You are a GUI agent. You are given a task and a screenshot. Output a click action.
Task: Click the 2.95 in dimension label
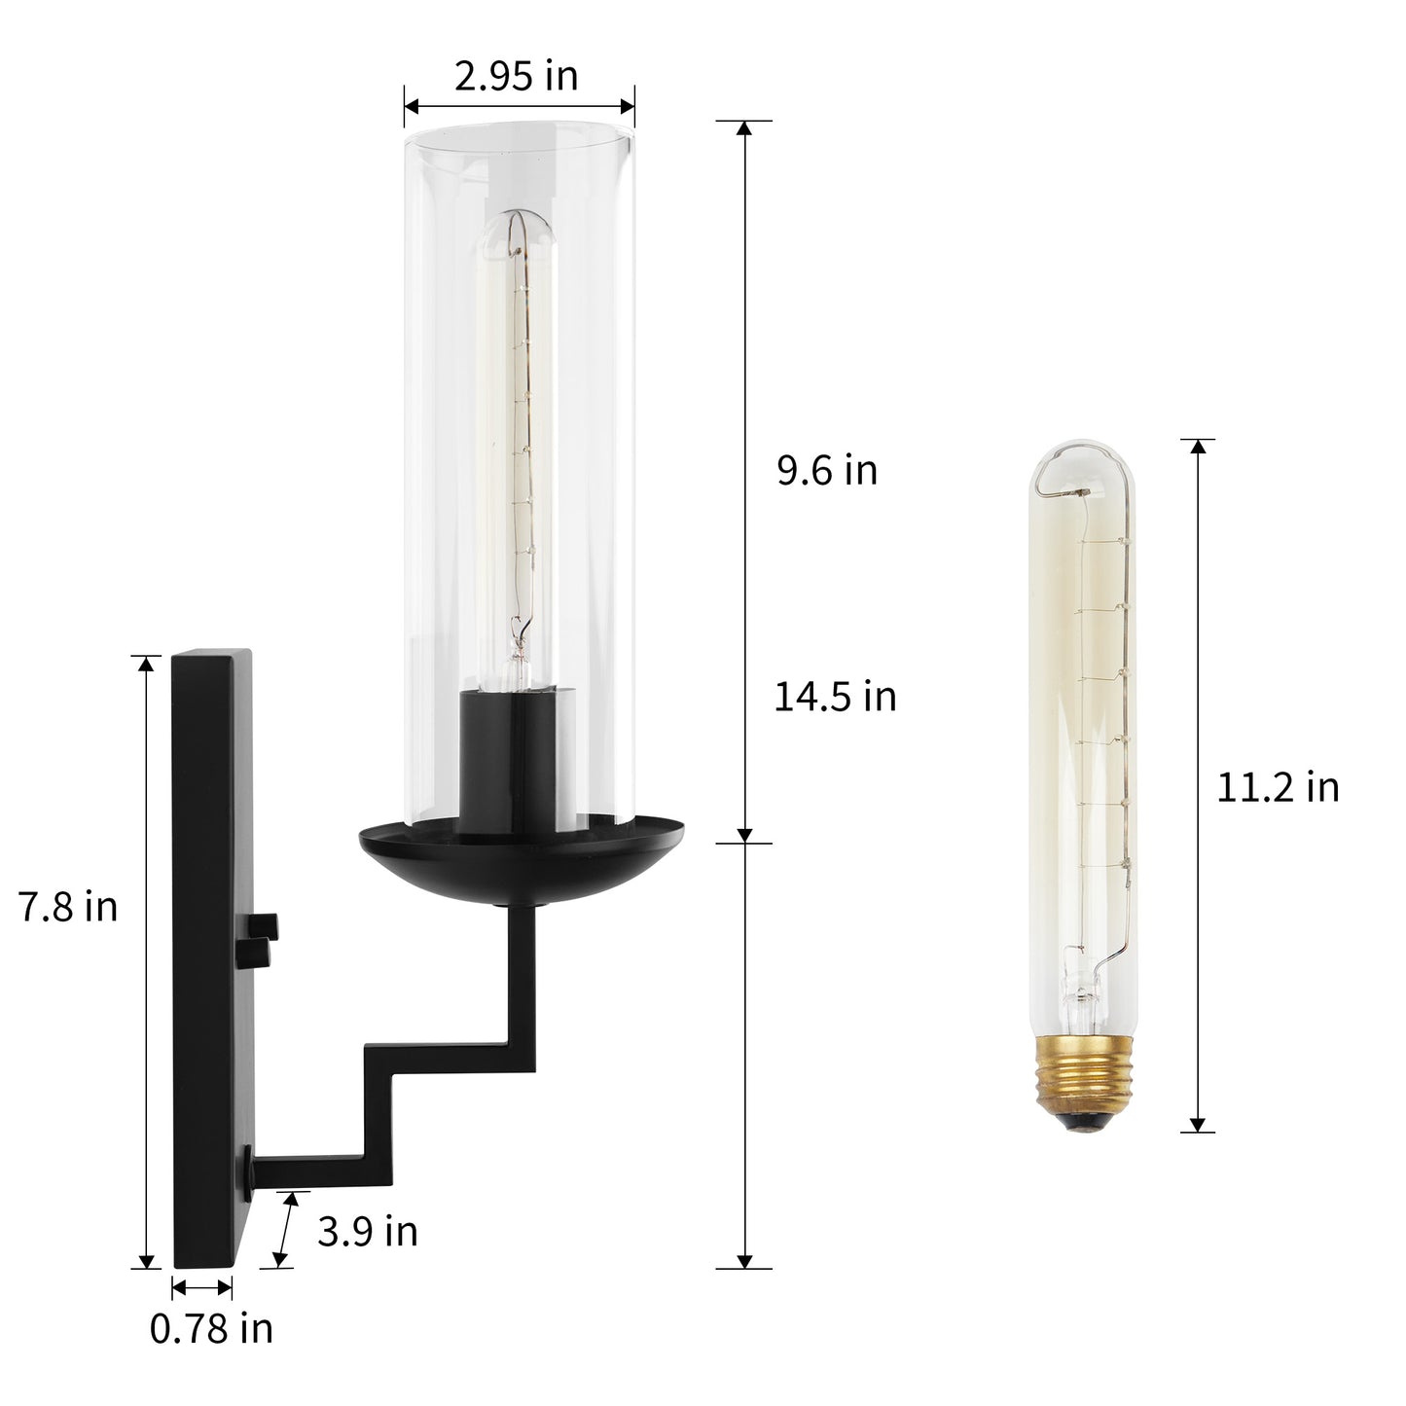point(516,77)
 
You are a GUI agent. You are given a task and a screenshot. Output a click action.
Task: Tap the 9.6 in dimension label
point(827,470)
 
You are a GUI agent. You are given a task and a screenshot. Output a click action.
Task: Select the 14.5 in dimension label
point(835,696)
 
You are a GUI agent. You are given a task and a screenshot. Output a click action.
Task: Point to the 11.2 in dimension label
point(1278,787)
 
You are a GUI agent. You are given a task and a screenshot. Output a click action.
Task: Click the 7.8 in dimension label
point(68,907)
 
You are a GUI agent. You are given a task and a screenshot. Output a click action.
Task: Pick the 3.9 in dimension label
point(368,1232)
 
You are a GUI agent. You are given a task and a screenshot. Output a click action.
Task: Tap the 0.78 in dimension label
point(211,1329)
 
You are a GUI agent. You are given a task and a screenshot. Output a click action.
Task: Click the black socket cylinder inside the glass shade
point(515,761)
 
